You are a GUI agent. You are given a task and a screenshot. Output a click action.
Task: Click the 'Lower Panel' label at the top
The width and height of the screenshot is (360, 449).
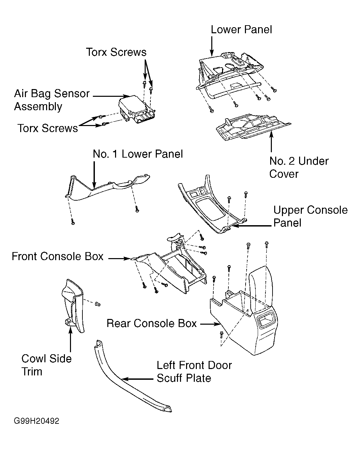point(241,30)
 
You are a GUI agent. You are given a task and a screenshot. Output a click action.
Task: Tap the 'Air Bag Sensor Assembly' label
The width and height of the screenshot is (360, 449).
point(51,100)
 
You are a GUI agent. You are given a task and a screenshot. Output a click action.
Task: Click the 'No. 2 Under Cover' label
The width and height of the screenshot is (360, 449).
point(298,167)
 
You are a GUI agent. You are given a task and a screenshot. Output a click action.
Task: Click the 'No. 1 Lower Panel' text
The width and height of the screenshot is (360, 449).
point(138,154)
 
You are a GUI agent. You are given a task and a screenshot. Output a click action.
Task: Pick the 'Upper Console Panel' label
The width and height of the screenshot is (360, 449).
point(310,216)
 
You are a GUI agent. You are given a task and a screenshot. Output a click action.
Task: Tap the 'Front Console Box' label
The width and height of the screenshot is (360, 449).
point(58,256)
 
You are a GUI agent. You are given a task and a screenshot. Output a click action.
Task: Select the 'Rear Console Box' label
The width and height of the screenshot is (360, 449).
point(151,323)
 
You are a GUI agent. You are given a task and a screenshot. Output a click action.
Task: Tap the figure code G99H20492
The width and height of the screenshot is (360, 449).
point(36,421)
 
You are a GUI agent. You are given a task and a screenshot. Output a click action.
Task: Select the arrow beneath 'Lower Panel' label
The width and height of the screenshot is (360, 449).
point(212,46)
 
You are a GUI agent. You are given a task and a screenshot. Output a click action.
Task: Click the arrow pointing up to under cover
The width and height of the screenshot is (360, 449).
point(271,141)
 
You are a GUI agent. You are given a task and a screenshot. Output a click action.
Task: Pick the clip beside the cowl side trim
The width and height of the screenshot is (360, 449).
point(98,304)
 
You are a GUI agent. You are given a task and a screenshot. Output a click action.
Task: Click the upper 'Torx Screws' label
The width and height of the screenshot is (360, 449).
point(116,52)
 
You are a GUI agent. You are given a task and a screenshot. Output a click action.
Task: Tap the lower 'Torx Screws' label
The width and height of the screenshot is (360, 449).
point(47,128)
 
